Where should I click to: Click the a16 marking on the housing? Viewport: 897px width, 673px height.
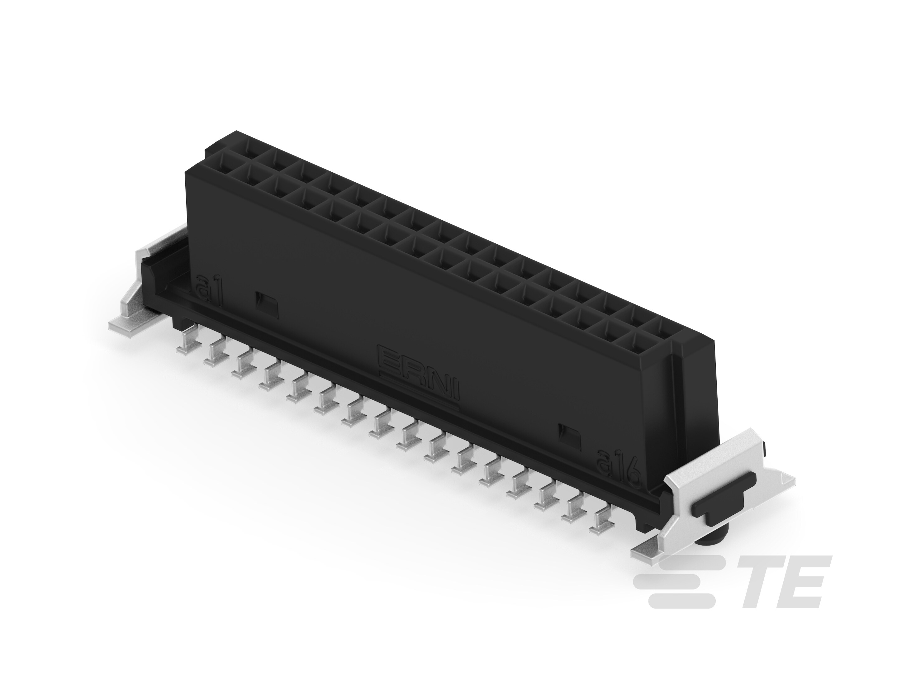pos(618,468)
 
